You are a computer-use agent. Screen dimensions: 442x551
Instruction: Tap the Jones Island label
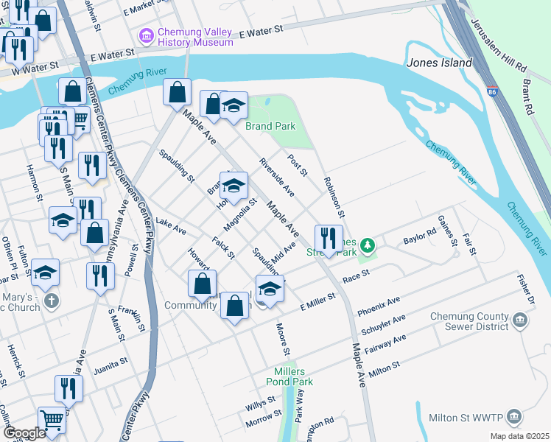(439, 63)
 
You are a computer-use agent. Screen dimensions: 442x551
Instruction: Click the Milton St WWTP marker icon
(514, 416)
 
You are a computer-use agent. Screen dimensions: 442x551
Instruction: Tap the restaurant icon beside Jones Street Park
(329, 238)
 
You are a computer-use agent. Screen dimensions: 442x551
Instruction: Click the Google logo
(24, 433)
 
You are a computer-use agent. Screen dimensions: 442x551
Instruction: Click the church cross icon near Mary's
(52, 301)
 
